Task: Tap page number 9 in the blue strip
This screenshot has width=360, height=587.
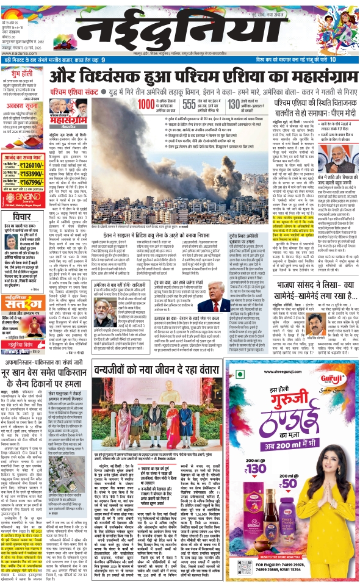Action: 103,60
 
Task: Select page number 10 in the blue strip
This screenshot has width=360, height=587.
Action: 333,60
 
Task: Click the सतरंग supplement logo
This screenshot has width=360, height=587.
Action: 24,266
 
